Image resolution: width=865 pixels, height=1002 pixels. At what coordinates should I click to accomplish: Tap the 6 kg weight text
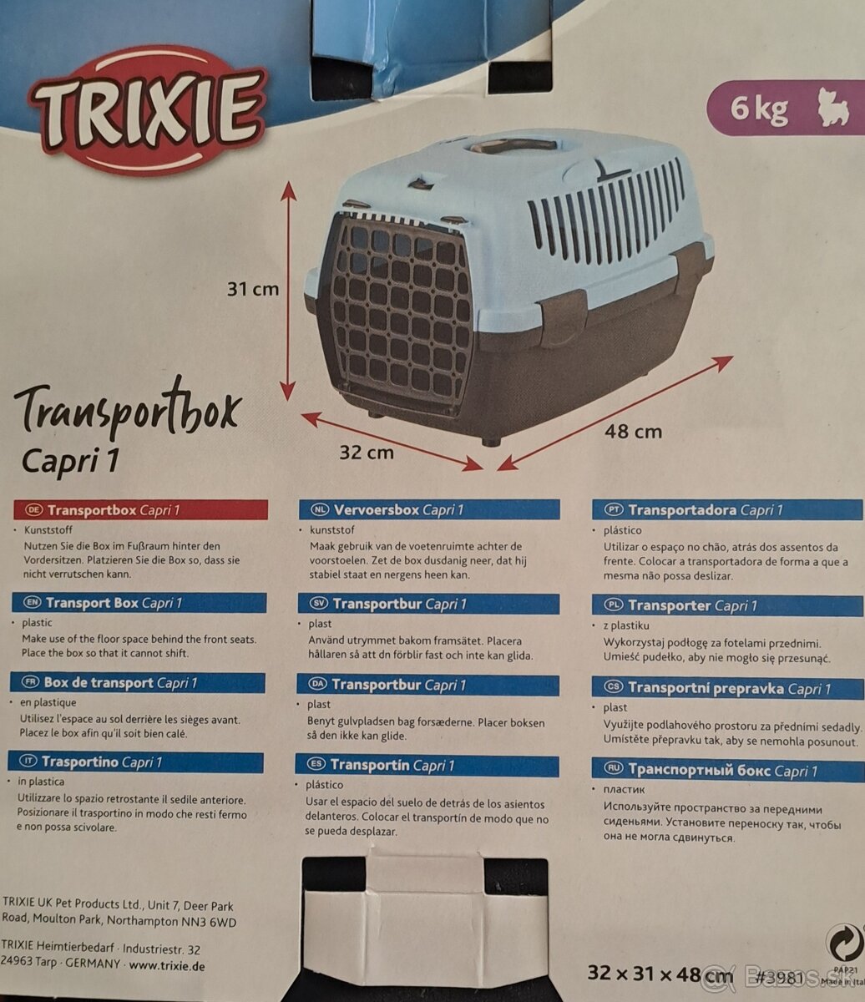point(759,109)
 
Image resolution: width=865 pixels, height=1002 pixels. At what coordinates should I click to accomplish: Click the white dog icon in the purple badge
point(833,108)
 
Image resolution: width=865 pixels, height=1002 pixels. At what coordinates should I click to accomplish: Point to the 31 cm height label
point(253,290)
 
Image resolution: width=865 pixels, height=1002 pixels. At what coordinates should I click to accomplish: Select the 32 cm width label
point(366,453)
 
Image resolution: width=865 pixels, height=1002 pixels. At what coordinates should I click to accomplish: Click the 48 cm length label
point(633,432)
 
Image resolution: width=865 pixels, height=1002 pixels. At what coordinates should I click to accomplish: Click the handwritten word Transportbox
point(127,408)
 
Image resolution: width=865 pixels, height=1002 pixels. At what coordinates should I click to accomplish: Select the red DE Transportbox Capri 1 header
point(140,510)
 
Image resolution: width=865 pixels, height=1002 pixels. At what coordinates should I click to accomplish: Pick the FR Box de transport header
point(137,683)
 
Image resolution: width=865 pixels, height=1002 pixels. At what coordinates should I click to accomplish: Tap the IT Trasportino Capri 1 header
point(136,762)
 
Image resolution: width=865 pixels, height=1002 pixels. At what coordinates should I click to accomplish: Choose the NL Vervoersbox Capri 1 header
point(429,510)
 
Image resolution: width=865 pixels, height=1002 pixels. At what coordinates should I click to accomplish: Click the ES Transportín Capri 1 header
point(427,766)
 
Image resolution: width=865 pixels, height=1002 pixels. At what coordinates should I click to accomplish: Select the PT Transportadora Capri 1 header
point(727,510)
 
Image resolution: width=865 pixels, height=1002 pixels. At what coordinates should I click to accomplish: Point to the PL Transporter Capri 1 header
point(727,606)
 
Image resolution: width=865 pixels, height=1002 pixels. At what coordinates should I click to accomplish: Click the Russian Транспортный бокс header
point(727,770)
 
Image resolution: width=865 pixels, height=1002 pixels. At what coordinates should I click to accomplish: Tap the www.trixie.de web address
point(167,965)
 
